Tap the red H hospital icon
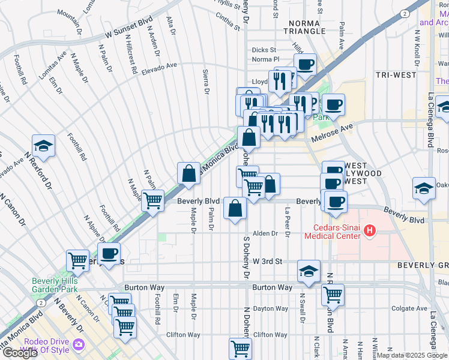[370, 230]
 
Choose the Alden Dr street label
[266, 233]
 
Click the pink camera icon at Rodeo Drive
[78, 345]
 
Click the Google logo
[20, 353]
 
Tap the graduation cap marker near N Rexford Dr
[43, 146]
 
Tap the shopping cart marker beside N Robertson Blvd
[333, 295]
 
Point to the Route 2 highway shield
[405, 13]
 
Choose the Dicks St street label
[264, 50]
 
